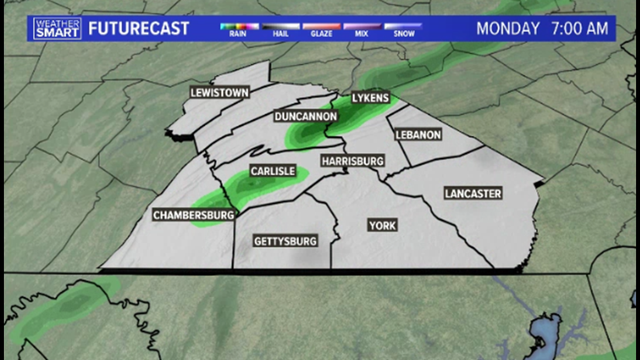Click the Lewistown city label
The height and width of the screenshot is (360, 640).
[219, 93]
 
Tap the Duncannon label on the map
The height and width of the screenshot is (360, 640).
[306, 117]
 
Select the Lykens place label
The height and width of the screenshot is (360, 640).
[370, 98]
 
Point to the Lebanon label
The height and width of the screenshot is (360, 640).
[418, 135]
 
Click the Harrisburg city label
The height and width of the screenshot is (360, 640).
[353, 161]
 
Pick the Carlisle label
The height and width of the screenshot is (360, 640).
[273, 171]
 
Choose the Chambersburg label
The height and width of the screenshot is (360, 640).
[194, 215]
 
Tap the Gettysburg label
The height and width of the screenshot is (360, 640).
[285, 241]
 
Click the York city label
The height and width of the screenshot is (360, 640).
[382, 226]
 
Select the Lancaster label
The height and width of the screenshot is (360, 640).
[473, 194]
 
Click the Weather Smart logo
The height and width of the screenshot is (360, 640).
[57, 28]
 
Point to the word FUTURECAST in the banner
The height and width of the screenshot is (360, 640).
[139, 28]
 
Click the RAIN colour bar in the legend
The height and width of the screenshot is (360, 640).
[239, 26]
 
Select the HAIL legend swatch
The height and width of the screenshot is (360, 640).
[280, 26]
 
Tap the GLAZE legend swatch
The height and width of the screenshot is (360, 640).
[321, 26]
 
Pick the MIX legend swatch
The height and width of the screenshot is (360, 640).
[362, 26]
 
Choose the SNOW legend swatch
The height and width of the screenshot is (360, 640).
[403, 26]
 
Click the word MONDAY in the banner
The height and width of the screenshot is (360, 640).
[508, 28]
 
